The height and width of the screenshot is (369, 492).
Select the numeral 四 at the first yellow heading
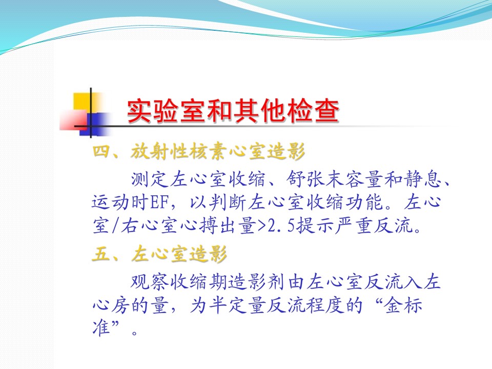point(100,152)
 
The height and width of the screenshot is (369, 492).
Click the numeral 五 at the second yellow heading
point(100,254)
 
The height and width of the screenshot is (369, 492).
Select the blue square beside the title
point(94,124)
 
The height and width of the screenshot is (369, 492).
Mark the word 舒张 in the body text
point(306,179)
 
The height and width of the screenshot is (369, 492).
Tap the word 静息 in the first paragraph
point(422,179)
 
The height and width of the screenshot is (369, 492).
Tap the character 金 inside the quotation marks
point(394,304)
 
